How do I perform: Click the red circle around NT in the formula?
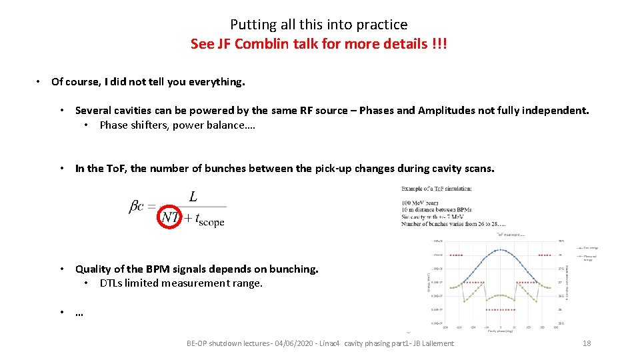coord(170,217)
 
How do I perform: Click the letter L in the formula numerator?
coord(193,197)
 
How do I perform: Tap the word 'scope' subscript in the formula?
coord(211,223)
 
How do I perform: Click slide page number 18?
coord(587,343)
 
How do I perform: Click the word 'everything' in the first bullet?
coord(216,82)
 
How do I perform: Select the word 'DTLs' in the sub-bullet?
coord(111,283)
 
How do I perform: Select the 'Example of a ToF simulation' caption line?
coord(437,189)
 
